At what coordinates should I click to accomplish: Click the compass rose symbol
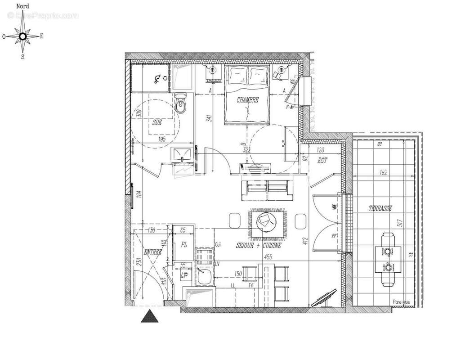[x=22, y=36]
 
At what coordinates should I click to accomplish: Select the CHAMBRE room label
[x=248, y=100]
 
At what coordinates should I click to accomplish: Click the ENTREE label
[x=153, y=252]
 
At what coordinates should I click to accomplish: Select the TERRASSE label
[x=380, y=208]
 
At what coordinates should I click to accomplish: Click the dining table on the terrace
[x=387, y=260]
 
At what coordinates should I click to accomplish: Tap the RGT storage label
[x=322, y=160]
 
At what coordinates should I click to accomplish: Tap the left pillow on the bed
[x=237, y=74]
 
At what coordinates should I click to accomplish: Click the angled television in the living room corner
[x=324, y=297]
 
